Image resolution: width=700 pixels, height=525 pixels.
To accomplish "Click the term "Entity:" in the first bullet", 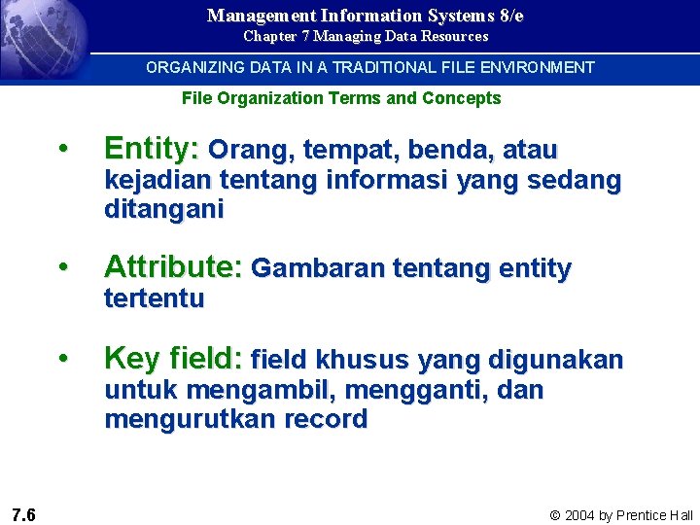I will point(151,149).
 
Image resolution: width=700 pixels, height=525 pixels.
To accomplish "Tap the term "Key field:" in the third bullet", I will point(173,359).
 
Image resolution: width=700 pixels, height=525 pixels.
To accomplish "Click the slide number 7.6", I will point(24,514).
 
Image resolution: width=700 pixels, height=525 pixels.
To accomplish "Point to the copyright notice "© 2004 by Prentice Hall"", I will point(621,515).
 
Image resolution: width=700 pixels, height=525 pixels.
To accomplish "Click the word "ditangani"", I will point(163,209).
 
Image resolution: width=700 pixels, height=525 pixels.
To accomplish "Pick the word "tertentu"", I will point(154,298).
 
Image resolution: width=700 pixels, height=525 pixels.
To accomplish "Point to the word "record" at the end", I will point(325,420).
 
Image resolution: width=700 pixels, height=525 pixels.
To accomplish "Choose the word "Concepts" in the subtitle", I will point(464,98).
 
